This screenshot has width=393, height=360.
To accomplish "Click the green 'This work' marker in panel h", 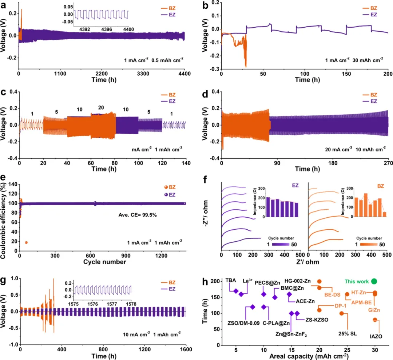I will coord(374,281).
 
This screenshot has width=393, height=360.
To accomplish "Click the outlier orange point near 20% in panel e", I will coord(26,242).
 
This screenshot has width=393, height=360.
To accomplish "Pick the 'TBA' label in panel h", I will coord(230,281).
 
